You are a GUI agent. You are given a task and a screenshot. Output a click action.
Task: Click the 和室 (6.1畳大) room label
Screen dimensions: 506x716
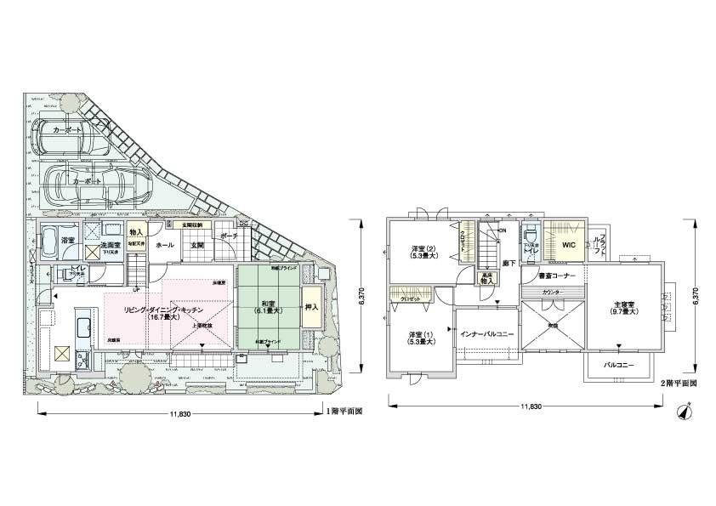pos(268,304)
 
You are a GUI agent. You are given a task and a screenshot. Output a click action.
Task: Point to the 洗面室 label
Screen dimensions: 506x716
pos(111,241)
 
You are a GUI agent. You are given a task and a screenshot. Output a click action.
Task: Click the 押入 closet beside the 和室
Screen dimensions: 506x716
pos(311,307)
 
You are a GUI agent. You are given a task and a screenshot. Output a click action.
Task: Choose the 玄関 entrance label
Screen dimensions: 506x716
pos(196,246)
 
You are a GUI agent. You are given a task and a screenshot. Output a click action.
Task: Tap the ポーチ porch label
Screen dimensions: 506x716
pos(229,236)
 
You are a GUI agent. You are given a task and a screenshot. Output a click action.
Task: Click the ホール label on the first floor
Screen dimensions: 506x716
pos(165,246)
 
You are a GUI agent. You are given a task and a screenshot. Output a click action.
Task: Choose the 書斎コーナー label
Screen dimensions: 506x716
pos(557,277)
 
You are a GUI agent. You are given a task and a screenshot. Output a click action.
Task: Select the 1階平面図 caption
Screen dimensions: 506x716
pos(346,411)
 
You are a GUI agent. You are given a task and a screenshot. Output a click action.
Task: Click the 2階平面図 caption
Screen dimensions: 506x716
pos(679,383)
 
